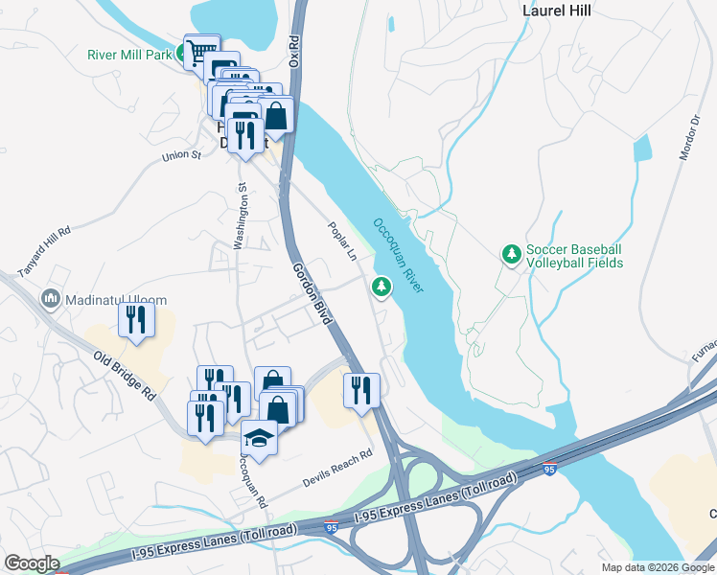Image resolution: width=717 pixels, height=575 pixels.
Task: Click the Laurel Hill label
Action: point(556,11)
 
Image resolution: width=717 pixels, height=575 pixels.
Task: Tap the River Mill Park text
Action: point(128,55)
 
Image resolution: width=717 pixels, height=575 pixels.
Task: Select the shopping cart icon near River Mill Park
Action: point(201,52)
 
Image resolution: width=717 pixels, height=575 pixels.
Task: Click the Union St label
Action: point(182,155)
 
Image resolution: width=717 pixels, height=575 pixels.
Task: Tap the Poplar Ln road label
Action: point(342,243)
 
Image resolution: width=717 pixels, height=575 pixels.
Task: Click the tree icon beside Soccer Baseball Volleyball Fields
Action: point(512,254)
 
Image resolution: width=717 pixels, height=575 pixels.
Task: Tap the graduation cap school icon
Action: point(258,438)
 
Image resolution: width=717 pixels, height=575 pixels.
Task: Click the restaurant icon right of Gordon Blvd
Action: point(361,389)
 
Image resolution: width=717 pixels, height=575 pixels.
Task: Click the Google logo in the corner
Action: point(32,563)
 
